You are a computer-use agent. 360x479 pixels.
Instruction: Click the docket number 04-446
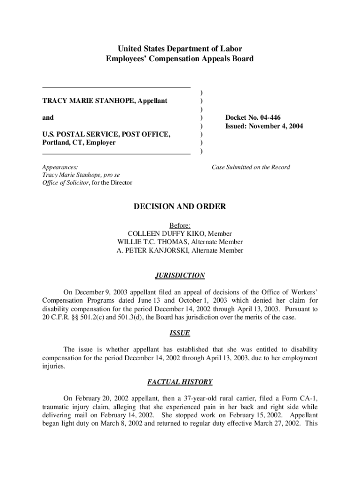[x=265, y=117]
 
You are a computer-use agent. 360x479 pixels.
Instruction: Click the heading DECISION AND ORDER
[x=180, y=207]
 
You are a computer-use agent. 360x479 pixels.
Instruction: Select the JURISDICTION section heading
[x=180, y=276]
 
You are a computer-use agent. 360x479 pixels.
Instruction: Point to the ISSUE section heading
[x=180, y=333]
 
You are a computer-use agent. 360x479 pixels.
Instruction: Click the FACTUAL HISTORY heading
[x=180, y=382]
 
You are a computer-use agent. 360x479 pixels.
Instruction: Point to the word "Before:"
[x=180, y=225]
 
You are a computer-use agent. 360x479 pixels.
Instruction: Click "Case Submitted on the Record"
[x=251, y=167]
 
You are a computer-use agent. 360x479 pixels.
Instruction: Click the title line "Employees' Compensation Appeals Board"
[x=180, y=59]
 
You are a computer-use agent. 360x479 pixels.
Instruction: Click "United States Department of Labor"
[x=180, y=49]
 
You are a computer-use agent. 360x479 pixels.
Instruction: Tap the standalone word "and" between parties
[x=48, y=117]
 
